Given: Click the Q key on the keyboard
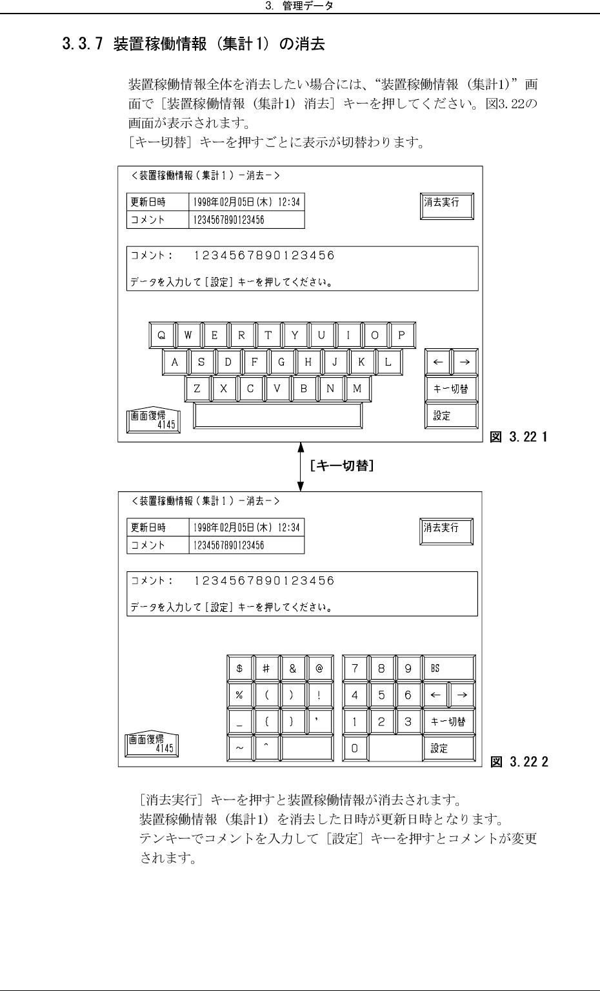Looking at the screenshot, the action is click(x=162, y=335).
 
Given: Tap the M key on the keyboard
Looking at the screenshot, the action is click(x=357, y=389).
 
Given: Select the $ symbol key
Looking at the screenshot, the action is click(x=239, y=669).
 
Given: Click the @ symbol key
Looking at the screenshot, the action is click(x=319, y=669).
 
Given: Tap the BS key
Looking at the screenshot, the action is click(x=448, y=669).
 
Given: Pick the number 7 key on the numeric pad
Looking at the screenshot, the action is click(x=355, y=669).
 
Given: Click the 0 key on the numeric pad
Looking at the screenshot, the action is click(x=355, y=749).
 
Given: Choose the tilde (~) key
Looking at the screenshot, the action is click(x=239, y=749).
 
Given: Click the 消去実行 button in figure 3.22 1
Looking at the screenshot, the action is click(x=446, y=206).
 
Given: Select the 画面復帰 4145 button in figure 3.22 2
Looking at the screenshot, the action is click(x=152, y=745).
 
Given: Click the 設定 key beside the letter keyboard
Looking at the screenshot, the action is click(x=451, y=416).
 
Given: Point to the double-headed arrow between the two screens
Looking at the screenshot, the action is click(x=301, y=466).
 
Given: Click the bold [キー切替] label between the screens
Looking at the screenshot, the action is click(x=341, y=466).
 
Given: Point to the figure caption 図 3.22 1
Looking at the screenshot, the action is click(x=519, y=437).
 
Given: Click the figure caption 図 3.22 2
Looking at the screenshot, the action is click(x=519, y=762).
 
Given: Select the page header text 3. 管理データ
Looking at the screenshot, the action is click(x=299, y=6).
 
